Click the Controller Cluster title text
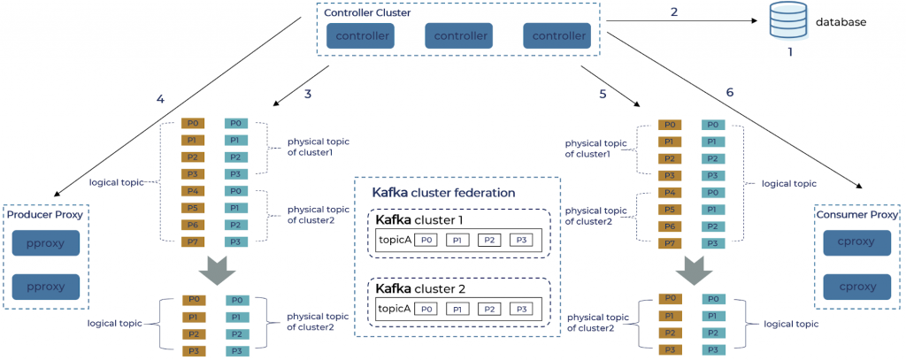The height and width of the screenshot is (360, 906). pos(365,13)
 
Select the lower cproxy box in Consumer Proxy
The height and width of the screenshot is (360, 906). pos(856,287)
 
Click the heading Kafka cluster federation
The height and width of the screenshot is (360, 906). pos(443,192)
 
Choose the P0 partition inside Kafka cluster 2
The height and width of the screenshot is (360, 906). pos(427,309)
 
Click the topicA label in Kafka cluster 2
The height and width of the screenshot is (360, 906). pos(395,309)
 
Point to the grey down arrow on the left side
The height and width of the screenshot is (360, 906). pos(216,270)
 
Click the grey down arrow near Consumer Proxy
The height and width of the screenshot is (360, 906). pos(695,270)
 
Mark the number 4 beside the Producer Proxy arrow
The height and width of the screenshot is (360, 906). pos(159,99)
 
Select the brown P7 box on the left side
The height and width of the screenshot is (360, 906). pos(193,241)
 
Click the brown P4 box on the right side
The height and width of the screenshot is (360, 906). pos(672,191)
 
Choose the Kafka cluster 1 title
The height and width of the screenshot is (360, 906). pos(418,219)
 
